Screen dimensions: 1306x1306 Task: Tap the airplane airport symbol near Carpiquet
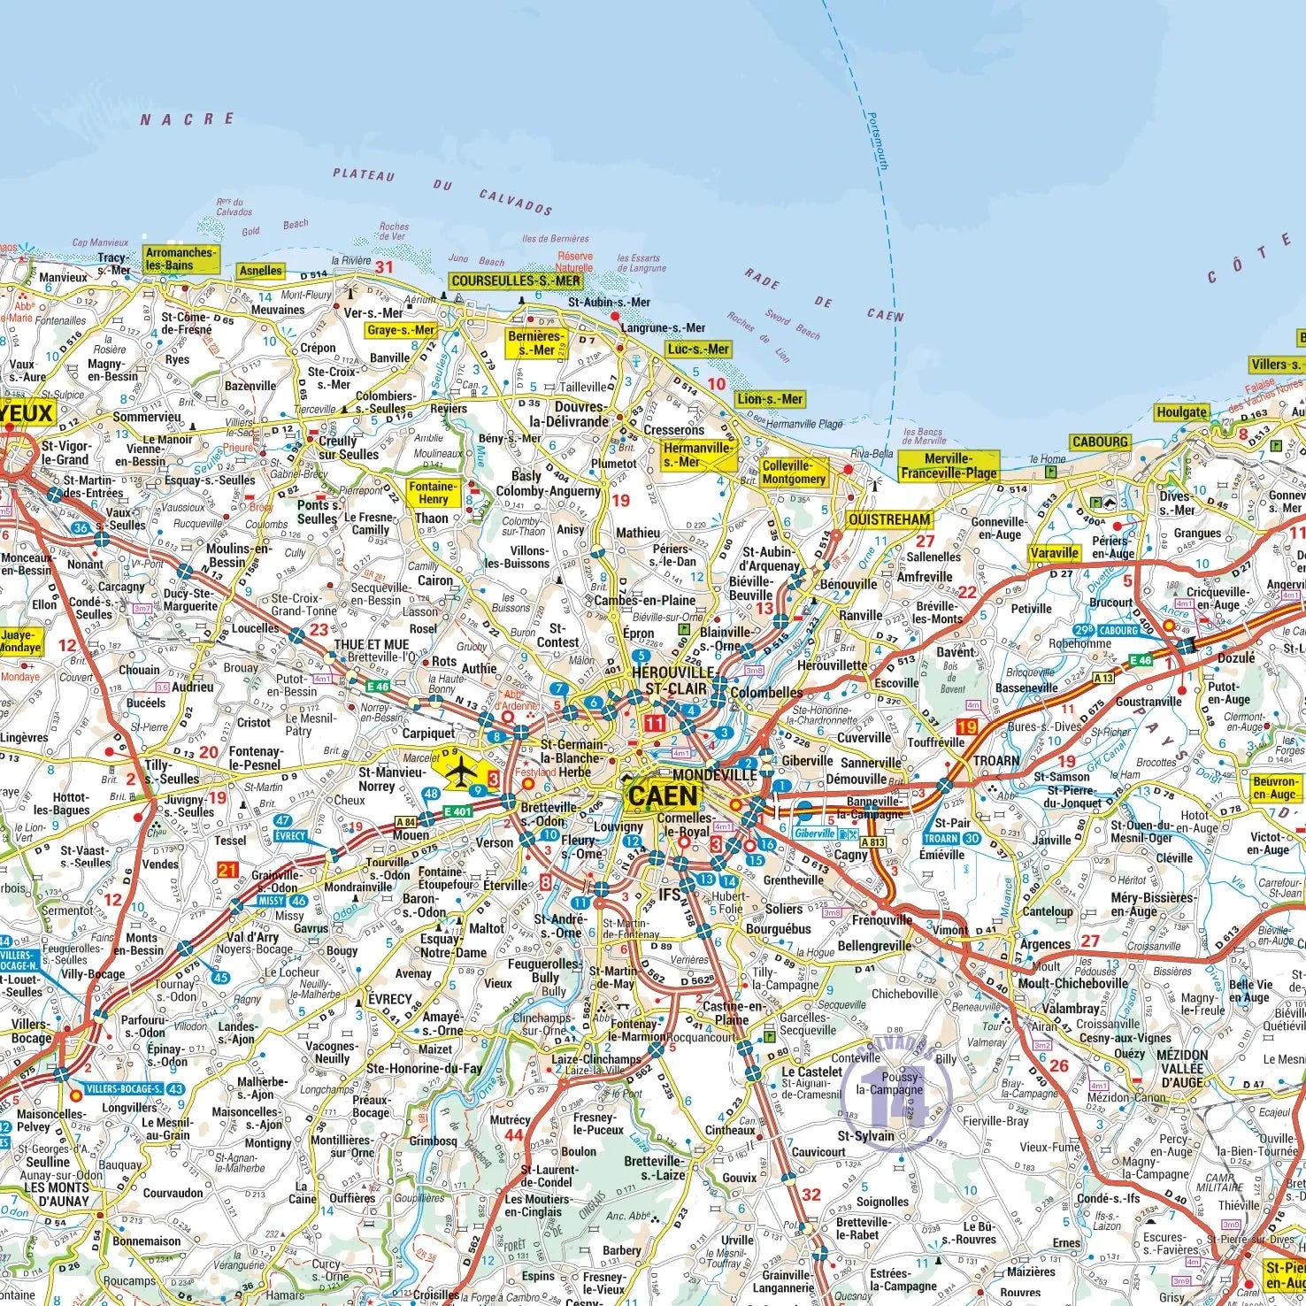460,772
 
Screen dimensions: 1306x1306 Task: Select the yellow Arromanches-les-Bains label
181,258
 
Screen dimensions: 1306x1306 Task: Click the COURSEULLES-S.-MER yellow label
516,280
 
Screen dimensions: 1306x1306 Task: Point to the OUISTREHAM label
889,519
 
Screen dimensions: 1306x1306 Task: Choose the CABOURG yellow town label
1100,442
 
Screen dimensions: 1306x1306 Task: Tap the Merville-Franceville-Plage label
949,465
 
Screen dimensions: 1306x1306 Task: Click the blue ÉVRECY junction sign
289,835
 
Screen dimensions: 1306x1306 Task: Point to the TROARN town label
996,760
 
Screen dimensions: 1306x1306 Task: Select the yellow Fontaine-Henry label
433,492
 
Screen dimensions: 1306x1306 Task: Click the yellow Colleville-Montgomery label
794,472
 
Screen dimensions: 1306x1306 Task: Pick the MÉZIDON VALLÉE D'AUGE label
1182,1068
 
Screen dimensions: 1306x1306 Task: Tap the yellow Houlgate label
1181,412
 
